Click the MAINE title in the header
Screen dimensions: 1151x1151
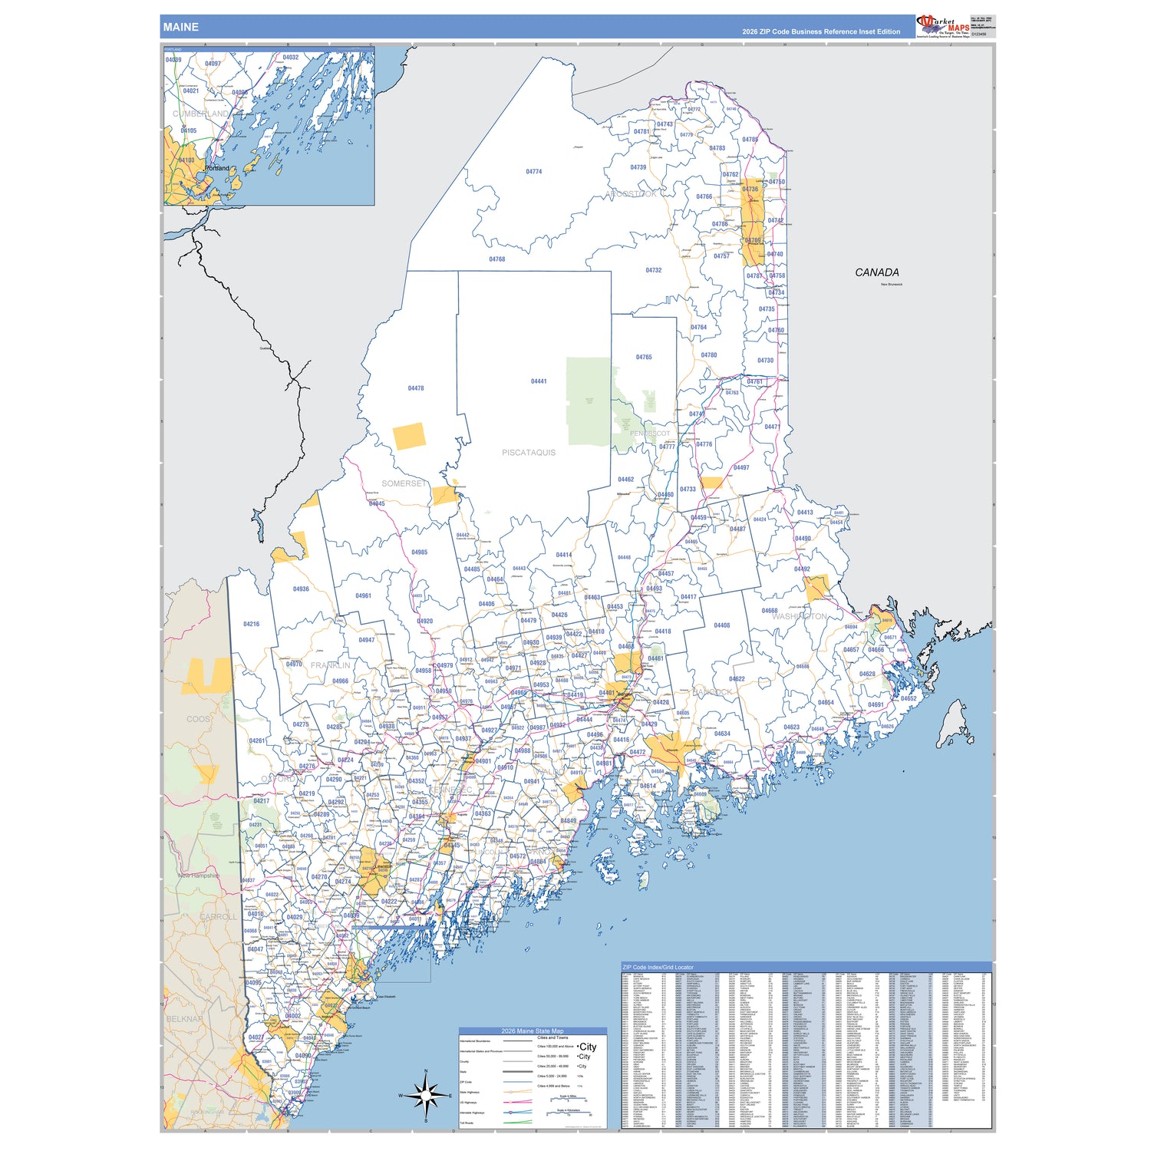[x=180, y=27]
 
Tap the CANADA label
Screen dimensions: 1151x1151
[x=876, y=272]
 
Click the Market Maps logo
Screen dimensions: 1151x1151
[x=943, y=26]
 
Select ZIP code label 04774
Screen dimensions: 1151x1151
[x=534, y=172]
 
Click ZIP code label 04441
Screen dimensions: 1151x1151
[x=539, y=381]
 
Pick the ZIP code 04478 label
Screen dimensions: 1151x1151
[x=416, y=388]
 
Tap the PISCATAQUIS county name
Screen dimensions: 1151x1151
[x=529, y=453]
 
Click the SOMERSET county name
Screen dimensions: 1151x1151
[x=404, y=483]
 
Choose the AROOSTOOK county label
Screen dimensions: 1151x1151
[x=631, y=194]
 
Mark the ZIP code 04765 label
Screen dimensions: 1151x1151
[x=644, y=358]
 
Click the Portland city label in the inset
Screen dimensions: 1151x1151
[x=217, y=168]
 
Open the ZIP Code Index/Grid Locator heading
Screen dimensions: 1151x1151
[x=658, y=968]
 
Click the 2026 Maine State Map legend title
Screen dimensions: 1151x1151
[x=533, y=1031]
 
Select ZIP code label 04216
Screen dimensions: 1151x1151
[x=251, y=625]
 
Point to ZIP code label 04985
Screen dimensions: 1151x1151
[x=419, y=552]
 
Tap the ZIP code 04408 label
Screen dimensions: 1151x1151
[x=722, y=625]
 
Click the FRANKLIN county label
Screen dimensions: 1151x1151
[x=330, y=665]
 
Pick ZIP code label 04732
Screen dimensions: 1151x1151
[x=653, y=271]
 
